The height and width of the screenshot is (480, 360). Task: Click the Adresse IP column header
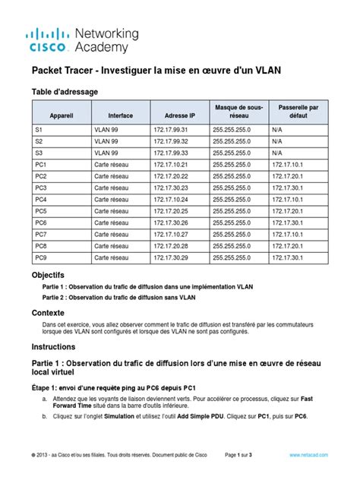[179, 115]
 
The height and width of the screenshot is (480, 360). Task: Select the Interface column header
[120, 115]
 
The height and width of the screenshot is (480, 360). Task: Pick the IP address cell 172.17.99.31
[180, 130]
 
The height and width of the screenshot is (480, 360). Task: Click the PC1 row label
[41, 165]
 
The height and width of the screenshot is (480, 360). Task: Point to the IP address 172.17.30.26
[180, 223]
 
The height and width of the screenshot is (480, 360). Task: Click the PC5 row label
[41, 211]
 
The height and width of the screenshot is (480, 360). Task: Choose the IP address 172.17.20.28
[180, 246]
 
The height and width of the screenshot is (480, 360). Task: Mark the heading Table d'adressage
[64, 92]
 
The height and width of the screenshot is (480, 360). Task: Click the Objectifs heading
[48, 273]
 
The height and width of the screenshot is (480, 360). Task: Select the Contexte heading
[47, 313]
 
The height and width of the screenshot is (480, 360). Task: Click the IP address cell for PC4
[180, 200]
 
